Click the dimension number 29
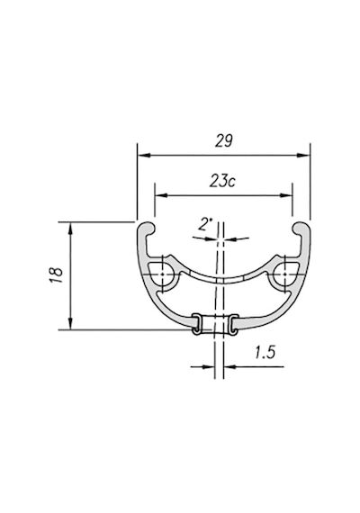[224, 141]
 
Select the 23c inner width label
[222, 181]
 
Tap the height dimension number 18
[57, 275]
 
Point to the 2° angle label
[205, 225]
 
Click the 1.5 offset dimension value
[265, 353]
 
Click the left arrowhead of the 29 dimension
[144, 155]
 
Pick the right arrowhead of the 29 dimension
[303, 155]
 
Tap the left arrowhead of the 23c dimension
[161, 195]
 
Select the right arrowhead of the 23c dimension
[285, 195]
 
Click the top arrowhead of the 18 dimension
[70, 228]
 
